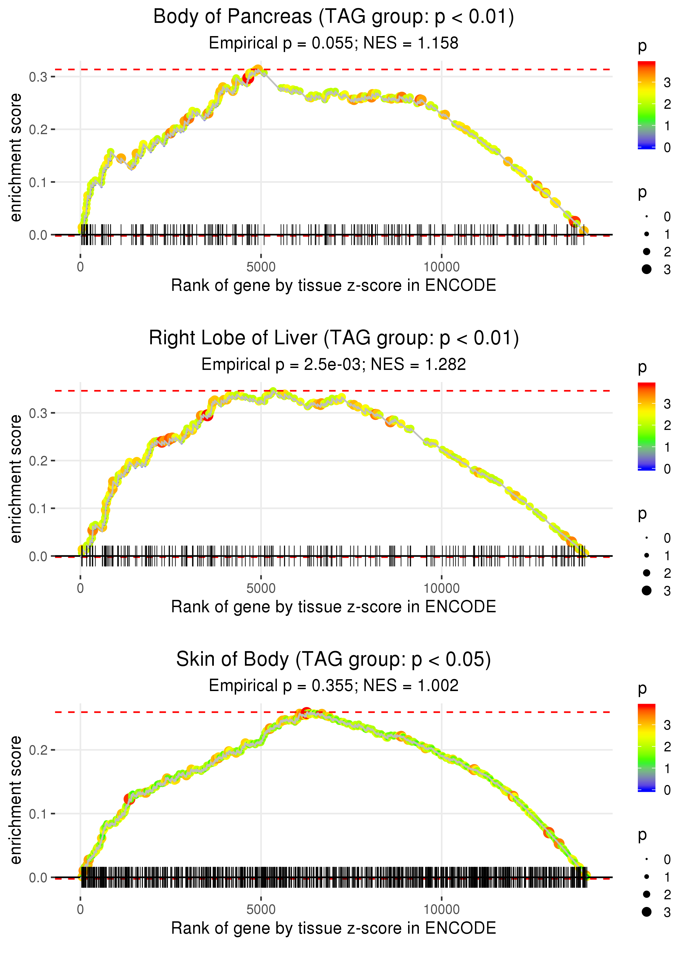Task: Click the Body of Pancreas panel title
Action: [334, 17]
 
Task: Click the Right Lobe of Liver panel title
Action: [334, 338]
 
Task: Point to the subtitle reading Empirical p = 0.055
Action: [334, 43]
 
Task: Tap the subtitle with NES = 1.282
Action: [334, 365]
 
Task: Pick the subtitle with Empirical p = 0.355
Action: [334, 686]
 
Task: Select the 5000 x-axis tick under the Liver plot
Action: [261, 588]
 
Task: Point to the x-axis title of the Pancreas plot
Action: [334, 286]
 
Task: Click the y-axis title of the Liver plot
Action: [16, 479]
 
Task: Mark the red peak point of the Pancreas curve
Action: [248, 78]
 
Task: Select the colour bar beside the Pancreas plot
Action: [646, 105]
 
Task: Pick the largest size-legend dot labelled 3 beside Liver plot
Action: [646, 591]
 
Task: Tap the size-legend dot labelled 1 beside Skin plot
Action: [646, 877]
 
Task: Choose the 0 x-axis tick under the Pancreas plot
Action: [80, 267]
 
